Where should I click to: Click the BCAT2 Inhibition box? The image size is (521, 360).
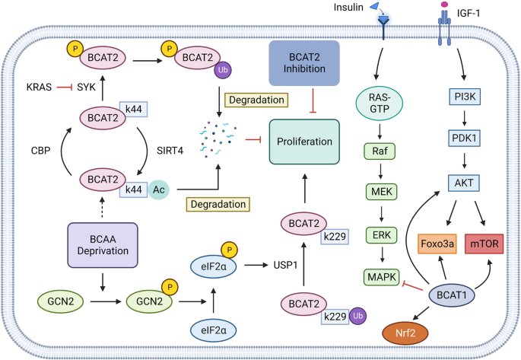(304, 63)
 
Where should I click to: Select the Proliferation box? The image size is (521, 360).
(304, 142)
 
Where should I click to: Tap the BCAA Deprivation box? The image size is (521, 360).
(103, 245)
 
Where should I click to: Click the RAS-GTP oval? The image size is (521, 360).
(380, 103)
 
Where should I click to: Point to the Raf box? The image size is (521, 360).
(380, 151)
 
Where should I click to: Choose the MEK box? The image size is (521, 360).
(382, 192)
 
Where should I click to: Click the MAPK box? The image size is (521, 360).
(382, 277)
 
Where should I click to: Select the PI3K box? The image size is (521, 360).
(465, 97)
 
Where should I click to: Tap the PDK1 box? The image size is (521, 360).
(465, 138)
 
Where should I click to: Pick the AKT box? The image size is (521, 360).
(464, 183)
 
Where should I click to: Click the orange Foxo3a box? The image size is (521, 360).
(437, 244)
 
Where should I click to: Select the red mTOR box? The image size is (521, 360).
(484, 244)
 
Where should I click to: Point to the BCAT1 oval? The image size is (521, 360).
(452, 295)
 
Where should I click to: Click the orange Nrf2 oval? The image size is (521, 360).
(405, 333)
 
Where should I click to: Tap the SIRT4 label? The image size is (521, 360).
(170, 151)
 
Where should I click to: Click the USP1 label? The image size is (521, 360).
(285, 266)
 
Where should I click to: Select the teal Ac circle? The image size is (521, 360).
(158, 190)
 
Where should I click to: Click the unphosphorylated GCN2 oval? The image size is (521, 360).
(61, 301)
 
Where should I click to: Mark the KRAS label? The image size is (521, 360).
(39, 87)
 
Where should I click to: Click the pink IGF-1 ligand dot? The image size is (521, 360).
(444, 5)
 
